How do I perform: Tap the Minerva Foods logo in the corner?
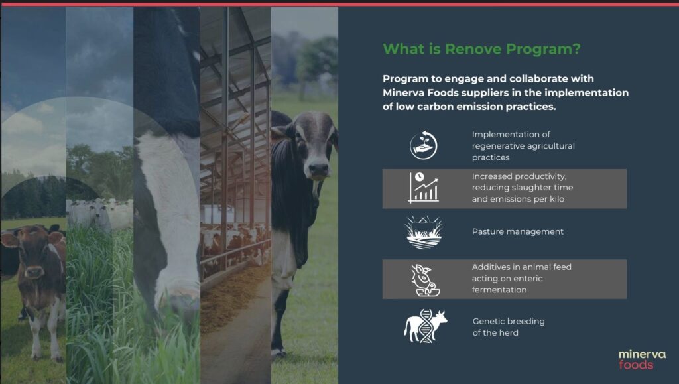pyautogui.click(x=641, y=359)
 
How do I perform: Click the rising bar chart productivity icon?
pyautogui.click(x=423, y=188)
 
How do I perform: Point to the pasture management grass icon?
pyautogui.click(x=423, y=232)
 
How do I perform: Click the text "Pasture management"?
pyautogui.click(x=517, y=232)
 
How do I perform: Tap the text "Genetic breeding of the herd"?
pyautogui.click(x=508, y=327)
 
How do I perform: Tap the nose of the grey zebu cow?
pyautogui.click(x=318, y=170)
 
